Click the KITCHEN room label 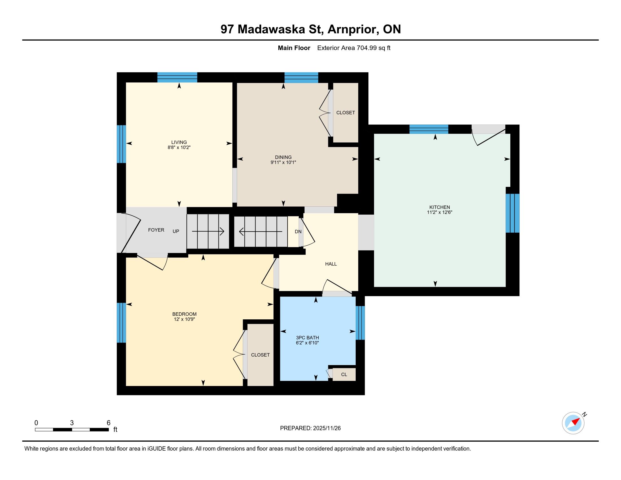coord(439,207)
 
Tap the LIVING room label coord(179,142)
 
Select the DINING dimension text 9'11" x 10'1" coord(283,162)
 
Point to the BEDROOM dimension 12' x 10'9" coord(184,319)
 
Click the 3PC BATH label coord(307,338)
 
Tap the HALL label coord(331,264)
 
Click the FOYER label coord(156,230)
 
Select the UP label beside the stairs coord(176,232)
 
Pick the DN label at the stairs coord(298,232)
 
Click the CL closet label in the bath coord(344,374)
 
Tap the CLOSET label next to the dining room coord(346,113)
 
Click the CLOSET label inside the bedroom coord(260,355)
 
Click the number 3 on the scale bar coord(72,423)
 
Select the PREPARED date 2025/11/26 coord(327,428)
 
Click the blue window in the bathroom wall coord(360,323)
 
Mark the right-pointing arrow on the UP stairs coord(208,232)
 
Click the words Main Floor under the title coord(294,48)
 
